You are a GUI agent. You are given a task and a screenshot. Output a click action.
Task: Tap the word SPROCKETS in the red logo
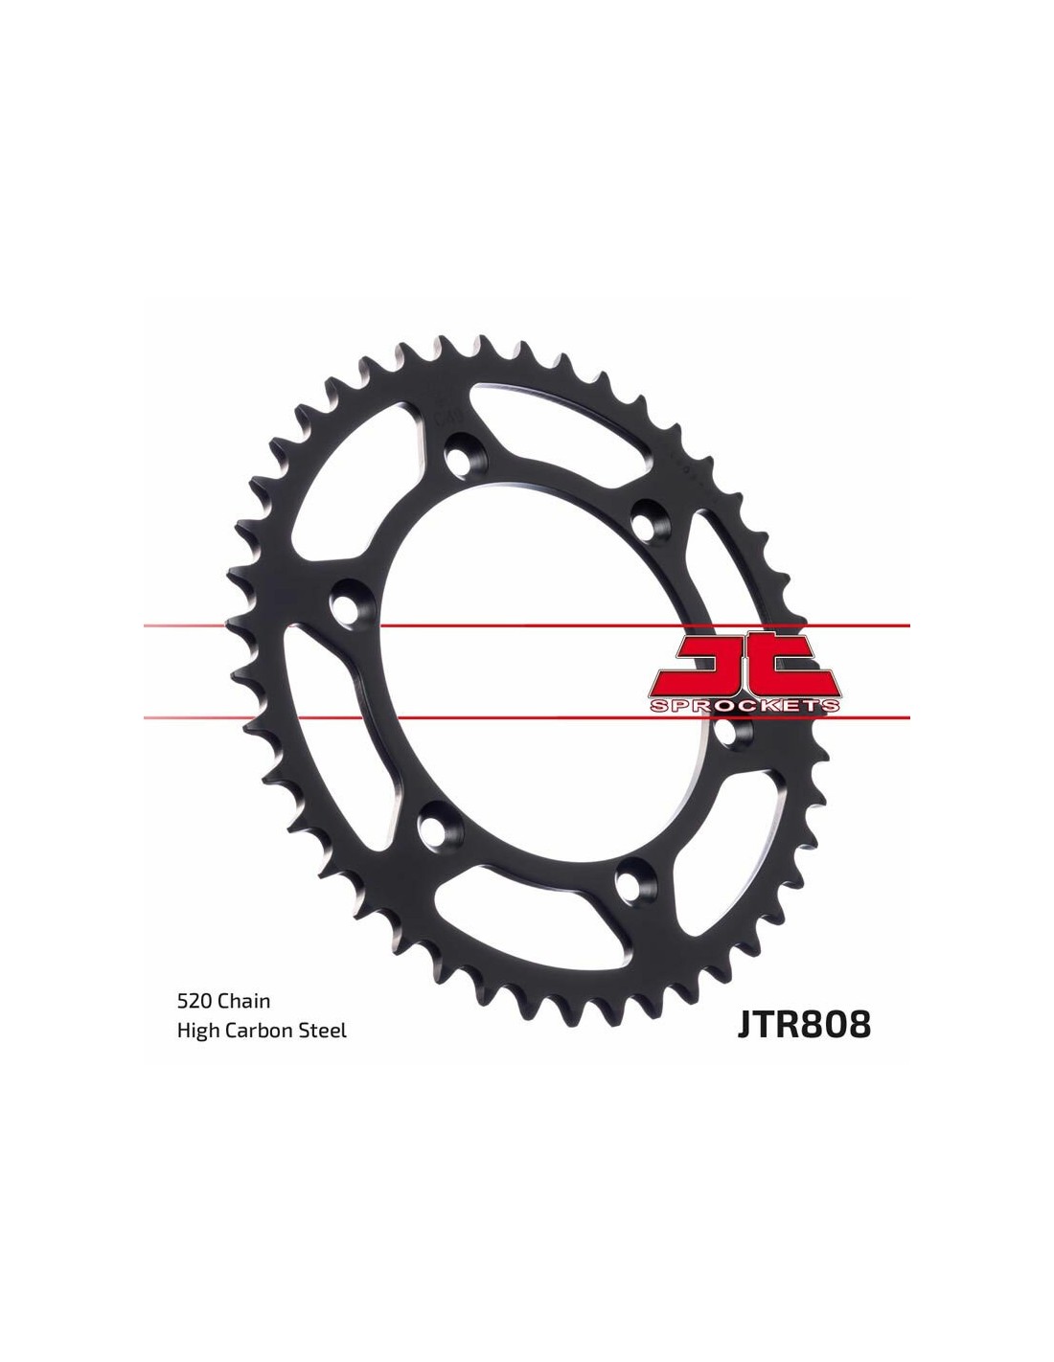click(745, 707)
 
